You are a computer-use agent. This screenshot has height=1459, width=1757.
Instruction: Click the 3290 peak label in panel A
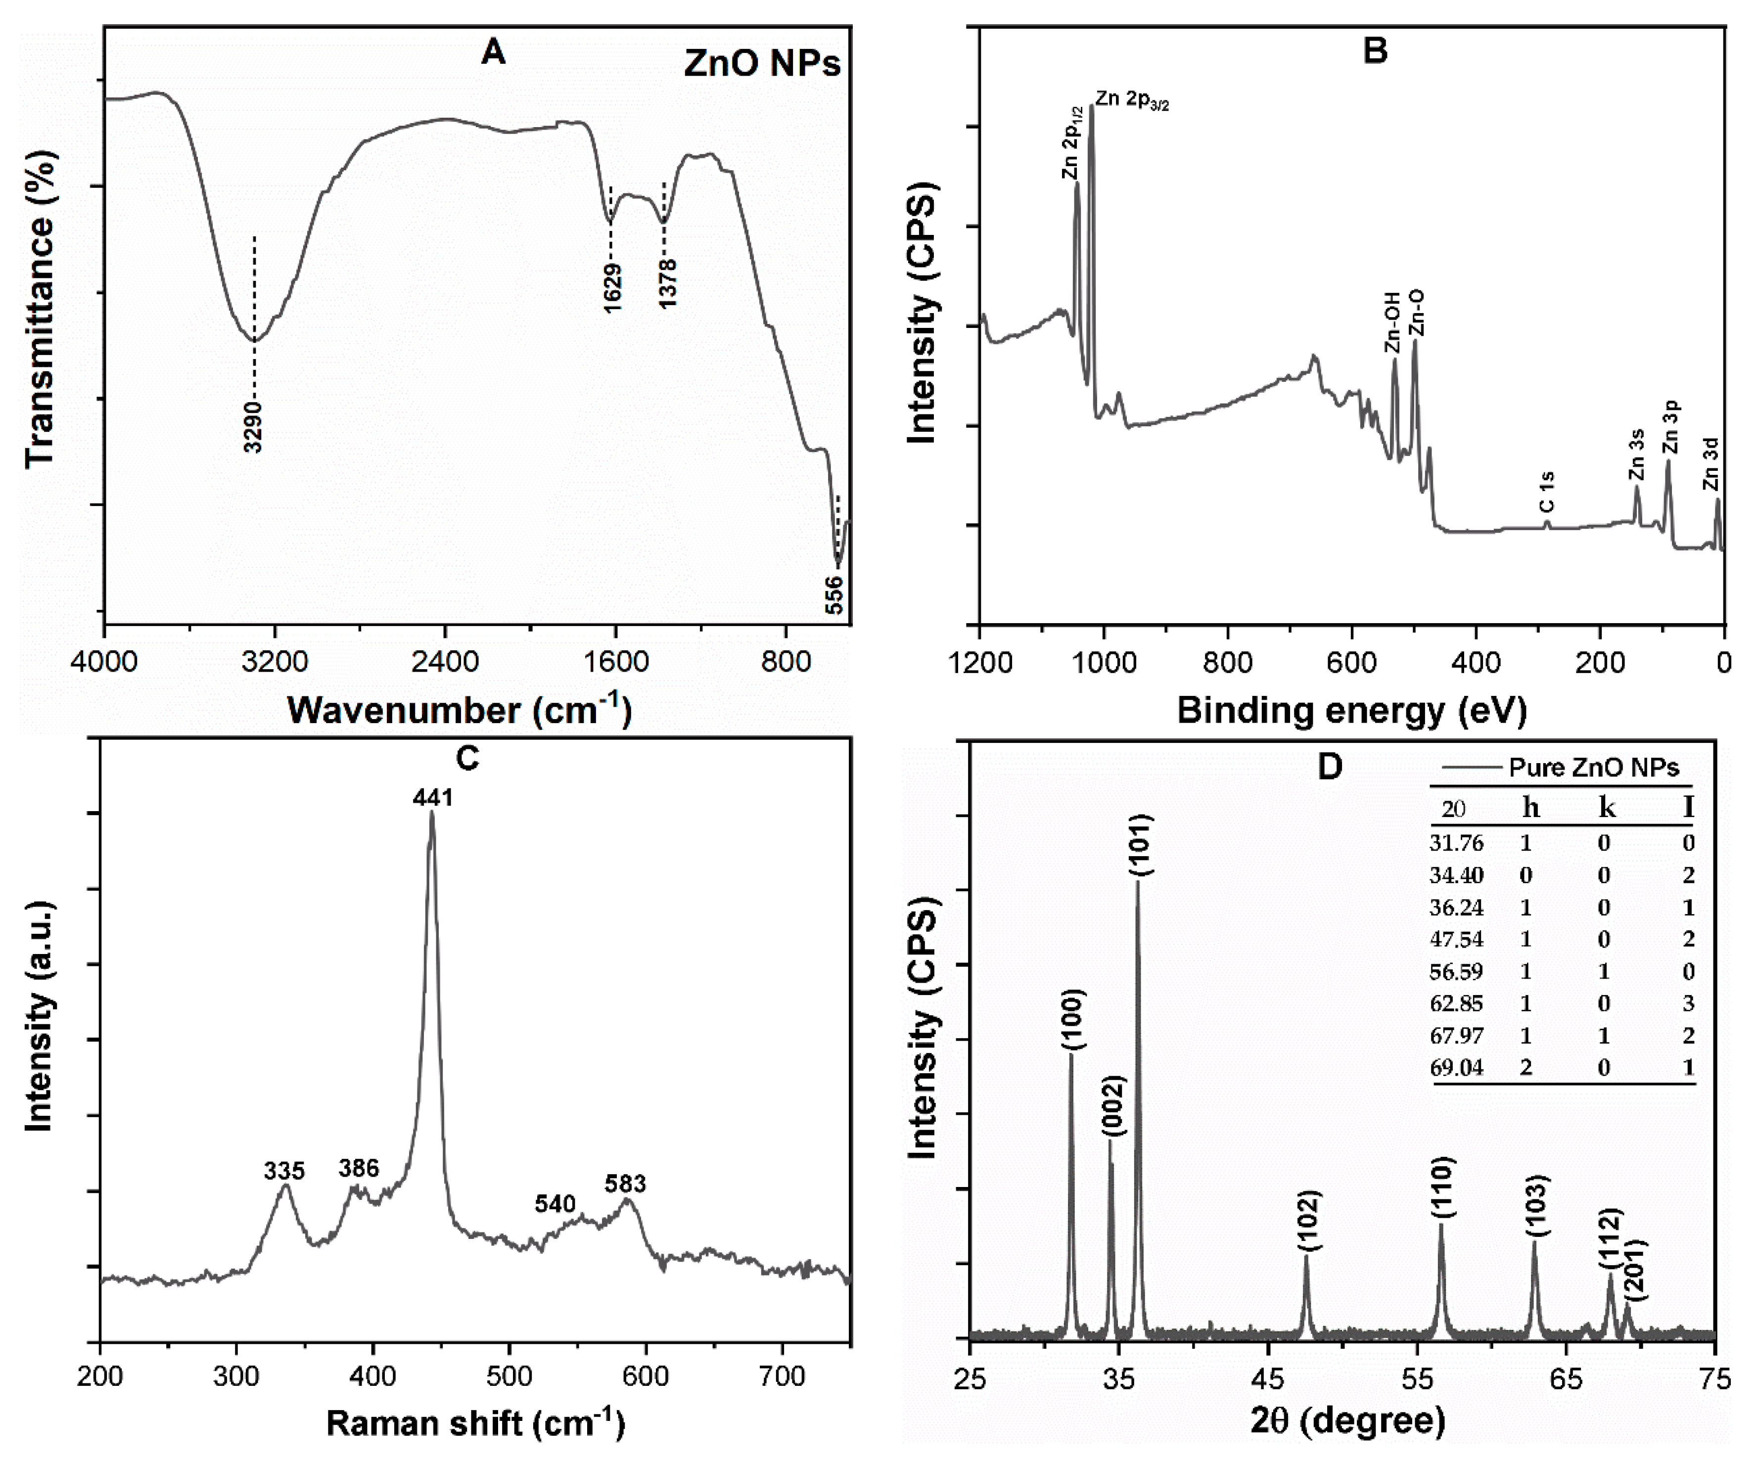254,427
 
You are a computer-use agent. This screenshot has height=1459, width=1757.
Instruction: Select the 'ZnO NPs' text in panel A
761,64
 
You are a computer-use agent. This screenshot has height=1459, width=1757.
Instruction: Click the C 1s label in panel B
1547,492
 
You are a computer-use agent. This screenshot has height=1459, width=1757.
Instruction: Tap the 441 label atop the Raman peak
432,797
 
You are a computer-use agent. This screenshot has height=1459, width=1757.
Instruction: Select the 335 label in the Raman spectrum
284,1170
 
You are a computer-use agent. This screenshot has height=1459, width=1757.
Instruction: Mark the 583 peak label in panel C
626,1184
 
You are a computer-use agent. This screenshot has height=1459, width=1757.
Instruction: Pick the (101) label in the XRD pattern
1140,845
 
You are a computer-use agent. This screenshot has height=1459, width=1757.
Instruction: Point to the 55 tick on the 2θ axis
1417,1379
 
